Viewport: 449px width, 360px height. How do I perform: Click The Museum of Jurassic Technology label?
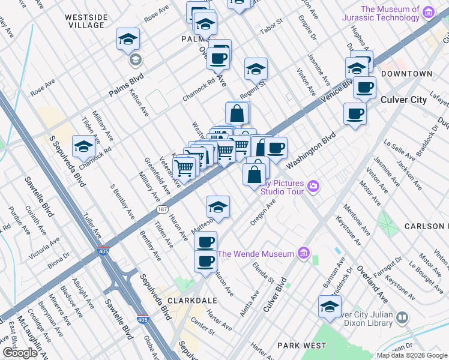click(390, 13)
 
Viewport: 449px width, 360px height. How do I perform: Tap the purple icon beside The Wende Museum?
click(304, 254)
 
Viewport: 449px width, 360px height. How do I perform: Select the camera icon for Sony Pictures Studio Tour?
click(313, 187)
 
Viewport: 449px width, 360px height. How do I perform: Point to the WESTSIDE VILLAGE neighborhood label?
click(86, 21)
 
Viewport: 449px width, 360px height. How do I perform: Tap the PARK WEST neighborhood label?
click(301, 346)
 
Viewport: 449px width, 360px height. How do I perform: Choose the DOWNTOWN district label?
click(406, 74)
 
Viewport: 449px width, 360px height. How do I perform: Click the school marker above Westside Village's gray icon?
click(128, 38)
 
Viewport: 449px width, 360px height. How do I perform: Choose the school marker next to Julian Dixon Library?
click(330, 306)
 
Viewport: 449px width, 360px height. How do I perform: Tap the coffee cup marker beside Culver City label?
click(355, 113)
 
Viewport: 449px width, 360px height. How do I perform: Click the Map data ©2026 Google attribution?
click(412, 355)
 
